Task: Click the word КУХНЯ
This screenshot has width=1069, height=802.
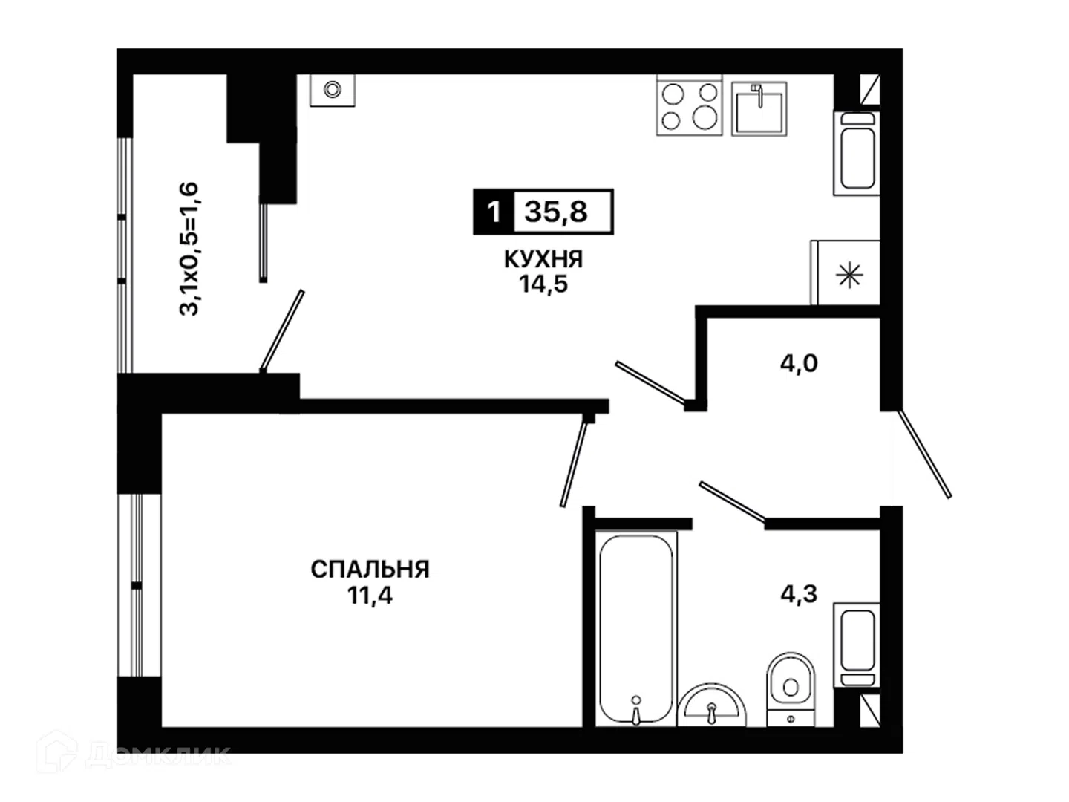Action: click(x=543, y=259)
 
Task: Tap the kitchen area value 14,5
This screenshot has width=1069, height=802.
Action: click(x=543, y=284)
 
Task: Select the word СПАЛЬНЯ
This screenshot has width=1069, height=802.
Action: click(x=370, y=570)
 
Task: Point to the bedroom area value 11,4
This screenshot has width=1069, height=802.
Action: click(x=370, y=596)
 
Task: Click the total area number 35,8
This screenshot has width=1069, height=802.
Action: click(x=556, y=212)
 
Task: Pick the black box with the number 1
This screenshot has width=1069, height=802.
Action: click(x=494, y=212)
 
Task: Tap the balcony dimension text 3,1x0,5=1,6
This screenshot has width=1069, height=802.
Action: click(x=189, y=249)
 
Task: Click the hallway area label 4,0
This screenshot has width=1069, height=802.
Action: click(x=799, y=363)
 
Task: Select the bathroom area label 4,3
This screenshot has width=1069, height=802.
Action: click(x=799, y=594)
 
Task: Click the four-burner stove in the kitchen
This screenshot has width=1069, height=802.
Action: click(x=689, y=105)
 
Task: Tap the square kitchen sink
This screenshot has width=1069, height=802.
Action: click(x=759, y=108)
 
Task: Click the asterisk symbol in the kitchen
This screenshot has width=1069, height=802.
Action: click(x=849, y=275)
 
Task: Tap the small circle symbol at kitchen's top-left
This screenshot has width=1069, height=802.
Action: click(x=333, y=90)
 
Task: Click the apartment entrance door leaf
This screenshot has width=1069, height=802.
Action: click(x=924, y=454)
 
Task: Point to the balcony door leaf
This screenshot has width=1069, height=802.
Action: click(x=282, y=331)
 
